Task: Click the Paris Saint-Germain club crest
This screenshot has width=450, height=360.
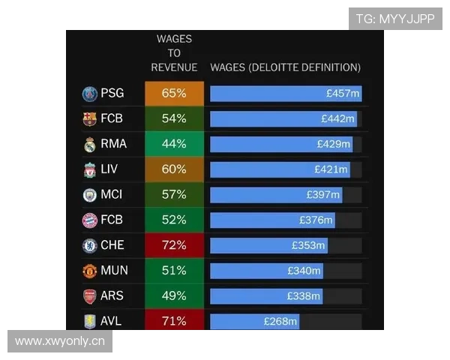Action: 90,94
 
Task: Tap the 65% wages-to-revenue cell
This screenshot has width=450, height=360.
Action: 174,94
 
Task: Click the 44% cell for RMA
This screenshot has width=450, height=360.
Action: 174,144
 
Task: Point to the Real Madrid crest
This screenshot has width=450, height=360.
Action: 90,144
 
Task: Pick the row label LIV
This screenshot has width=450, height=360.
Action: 109,169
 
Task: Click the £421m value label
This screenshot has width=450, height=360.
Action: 331,169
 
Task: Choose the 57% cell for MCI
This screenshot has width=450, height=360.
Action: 174,194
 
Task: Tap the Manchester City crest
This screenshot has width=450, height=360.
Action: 90,195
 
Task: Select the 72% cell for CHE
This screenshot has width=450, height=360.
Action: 174,245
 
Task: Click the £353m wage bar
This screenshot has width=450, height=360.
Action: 268,245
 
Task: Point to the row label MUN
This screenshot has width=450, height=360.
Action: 112,271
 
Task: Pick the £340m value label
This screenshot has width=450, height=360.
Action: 304,271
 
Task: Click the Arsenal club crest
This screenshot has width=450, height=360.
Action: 90,296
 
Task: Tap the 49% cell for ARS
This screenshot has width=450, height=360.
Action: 174,295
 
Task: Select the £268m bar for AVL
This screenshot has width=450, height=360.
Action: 254,321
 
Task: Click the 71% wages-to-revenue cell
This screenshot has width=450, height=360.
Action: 174,321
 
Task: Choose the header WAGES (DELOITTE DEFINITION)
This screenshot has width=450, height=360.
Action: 286,67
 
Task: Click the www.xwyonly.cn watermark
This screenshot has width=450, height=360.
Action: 60,341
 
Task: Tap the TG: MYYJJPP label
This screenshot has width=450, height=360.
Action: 395,19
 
